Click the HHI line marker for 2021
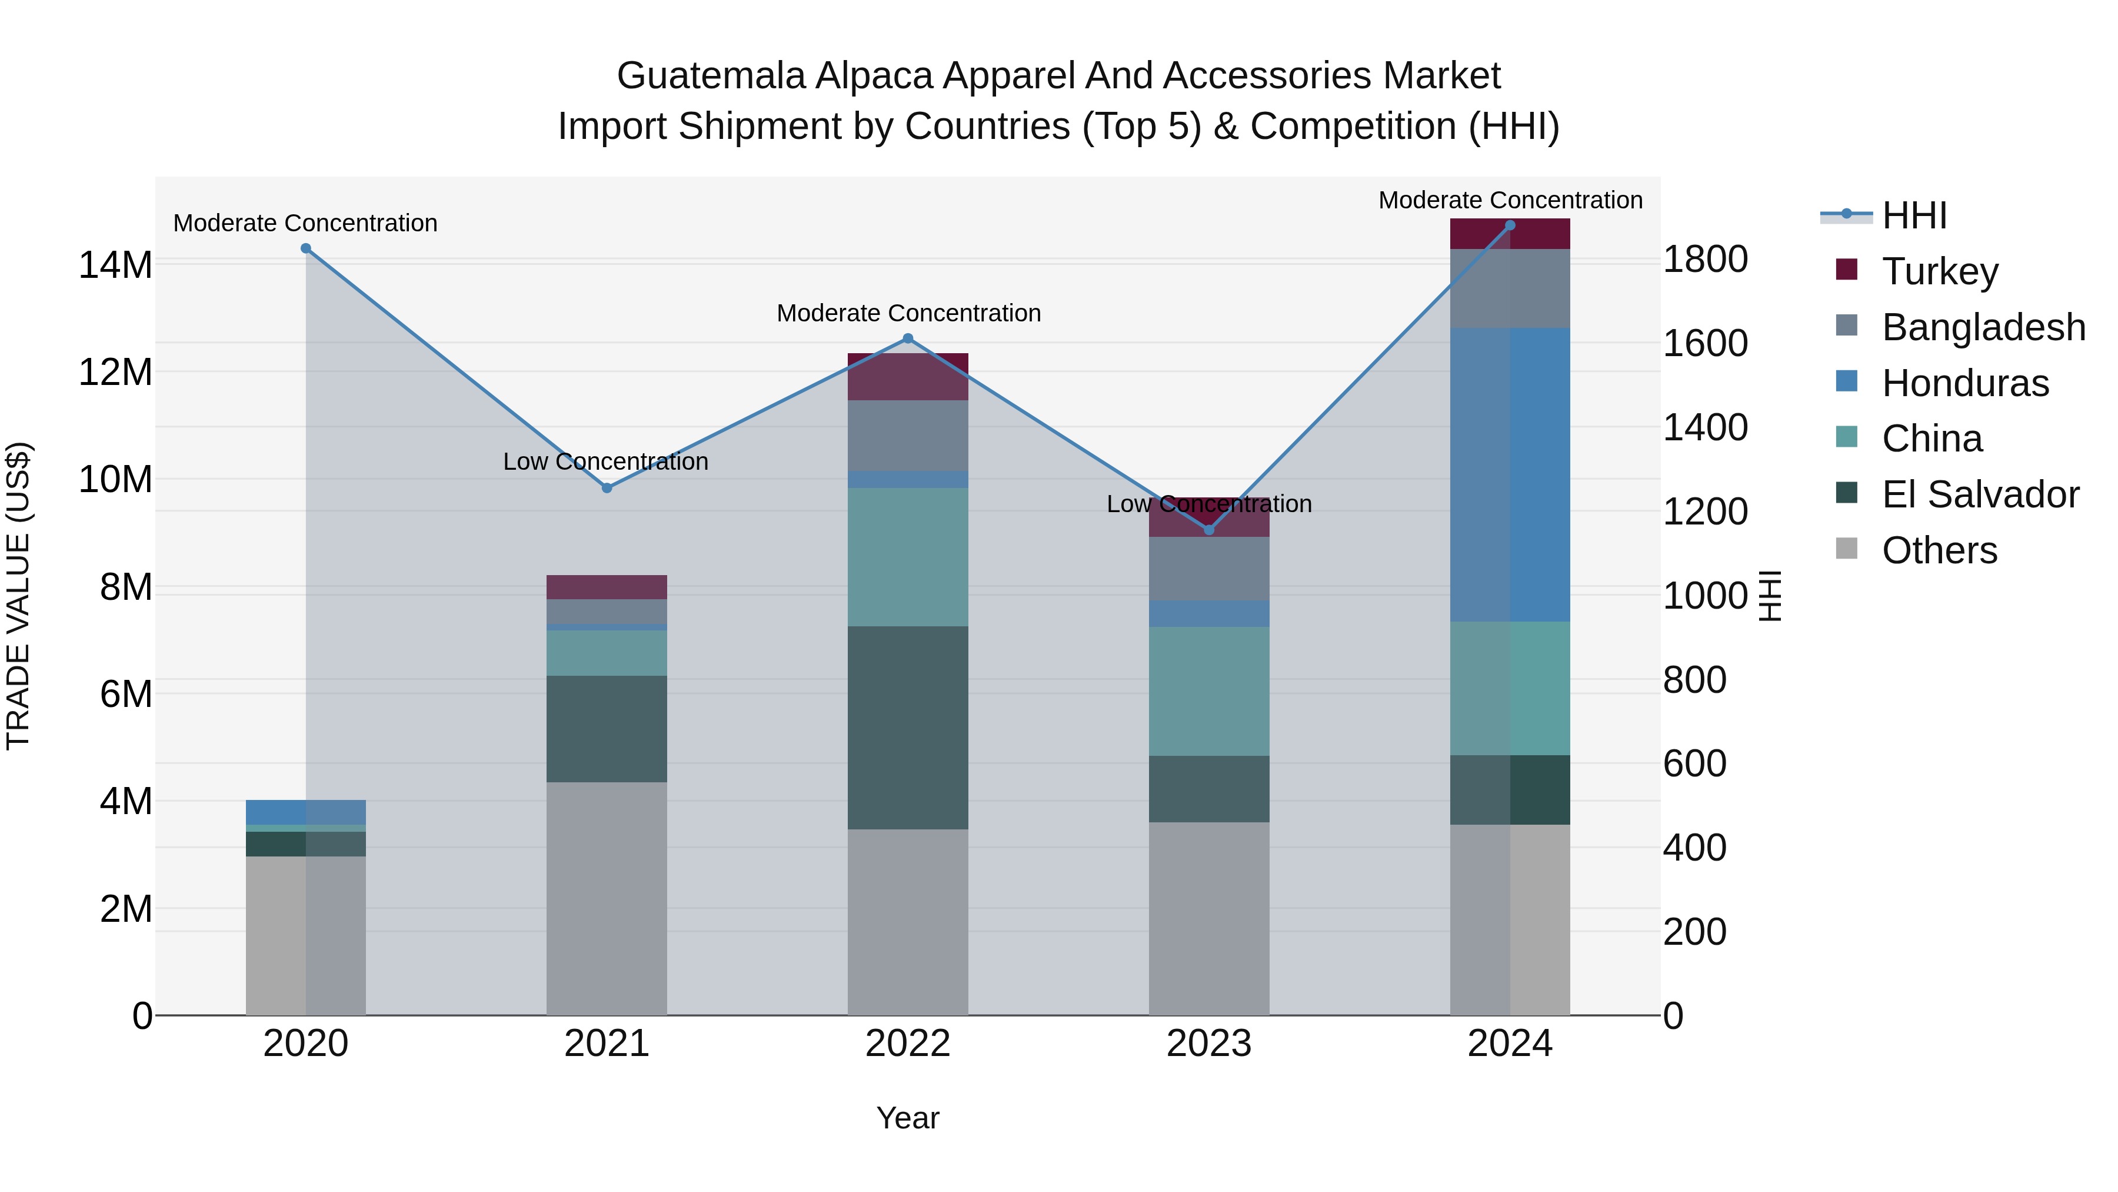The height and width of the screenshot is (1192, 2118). (607, 488)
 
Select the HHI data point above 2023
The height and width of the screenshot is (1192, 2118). (1208, 530)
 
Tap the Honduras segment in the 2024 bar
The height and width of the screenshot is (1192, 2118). (1510, 474)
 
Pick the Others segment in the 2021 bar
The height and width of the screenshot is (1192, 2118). (607, 898)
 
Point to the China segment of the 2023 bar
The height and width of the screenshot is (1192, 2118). (1208, 691)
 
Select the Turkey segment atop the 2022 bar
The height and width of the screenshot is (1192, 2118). (908, 377)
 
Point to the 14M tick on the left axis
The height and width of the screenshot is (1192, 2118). (115, 265)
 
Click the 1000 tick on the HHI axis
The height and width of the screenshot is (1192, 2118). (1704, 596)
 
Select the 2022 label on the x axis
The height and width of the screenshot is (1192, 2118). (908, 1044)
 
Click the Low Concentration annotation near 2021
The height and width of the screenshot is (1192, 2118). (605, 461)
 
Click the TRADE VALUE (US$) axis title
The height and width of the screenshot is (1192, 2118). (18, 596)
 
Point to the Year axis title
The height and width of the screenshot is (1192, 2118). (908, 1118)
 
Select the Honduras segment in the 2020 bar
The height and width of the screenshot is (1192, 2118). (306, 811)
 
